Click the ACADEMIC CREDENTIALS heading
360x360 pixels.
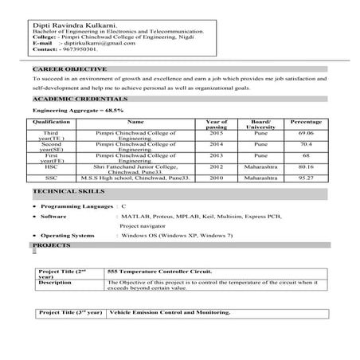pos(72,98)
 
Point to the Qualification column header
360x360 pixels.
pos(49,123)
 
